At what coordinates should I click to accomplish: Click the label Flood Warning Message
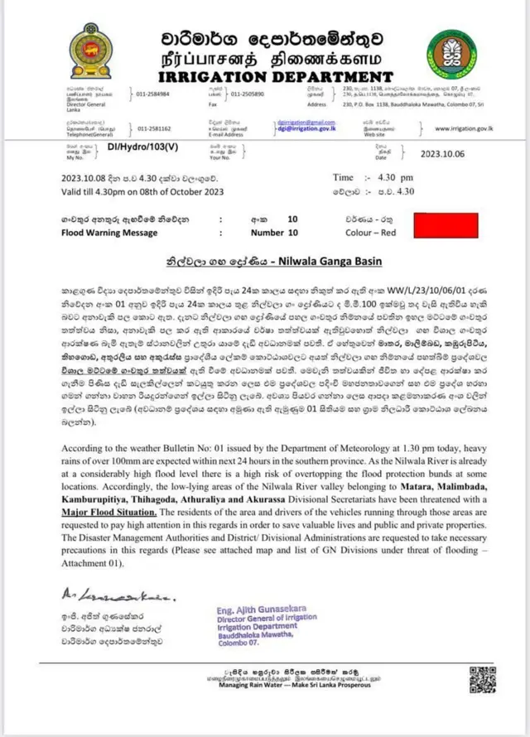(109, 234)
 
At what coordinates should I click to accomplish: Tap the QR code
(482, 679)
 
